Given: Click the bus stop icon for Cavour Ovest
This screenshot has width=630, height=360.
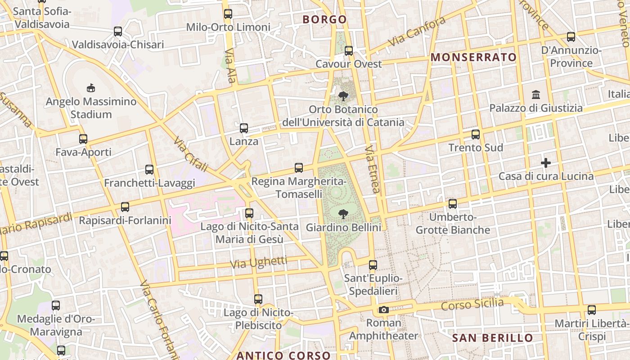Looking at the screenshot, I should [348, 51].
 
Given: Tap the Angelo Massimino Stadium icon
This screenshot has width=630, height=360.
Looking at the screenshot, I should [90, 88].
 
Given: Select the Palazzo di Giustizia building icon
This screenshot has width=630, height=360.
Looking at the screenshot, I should [535, 95].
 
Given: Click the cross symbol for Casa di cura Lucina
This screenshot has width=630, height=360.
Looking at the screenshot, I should [546, 162].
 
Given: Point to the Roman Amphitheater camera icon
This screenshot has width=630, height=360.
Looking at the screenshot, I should [383, 310].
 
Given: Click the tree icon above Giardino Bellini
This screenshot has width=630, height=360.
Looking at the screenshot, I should [343, 214].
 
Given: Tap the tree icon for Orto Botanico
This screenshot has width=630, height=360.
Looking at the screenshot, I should [343, 96].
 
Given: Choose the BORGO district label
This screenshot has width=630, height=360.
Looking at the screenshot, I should [324, 19].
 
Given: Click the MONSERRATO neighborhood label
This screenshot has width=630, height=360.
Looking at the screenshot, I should [473, 57].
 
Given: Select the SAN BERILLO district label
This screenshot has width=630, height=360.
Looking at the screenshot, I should [492, 338].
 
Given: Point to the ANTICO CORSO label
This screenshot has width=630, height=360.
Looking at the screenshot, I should [283, 355].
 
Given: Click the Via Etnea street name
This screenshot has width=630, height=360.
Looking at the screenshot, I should [372, 169].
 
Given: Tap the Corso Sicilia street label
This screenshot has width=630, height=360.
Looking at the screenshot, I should [472, 305].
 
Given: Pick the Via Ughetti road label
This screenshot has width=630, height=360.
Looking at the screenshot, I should [258, 262].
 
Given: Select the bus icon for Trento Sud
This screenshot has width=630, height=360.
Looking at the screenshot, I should [475, 135].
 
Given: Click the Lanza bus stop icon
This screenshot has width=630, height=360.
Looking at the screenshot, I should [243, 128].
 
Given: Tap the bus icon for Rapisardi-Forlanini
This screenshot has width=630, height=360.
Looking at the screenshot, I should [125, 207].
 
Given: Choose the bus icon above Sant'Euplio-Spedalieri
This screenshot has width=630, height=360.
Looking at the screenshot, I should [373, 265].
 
